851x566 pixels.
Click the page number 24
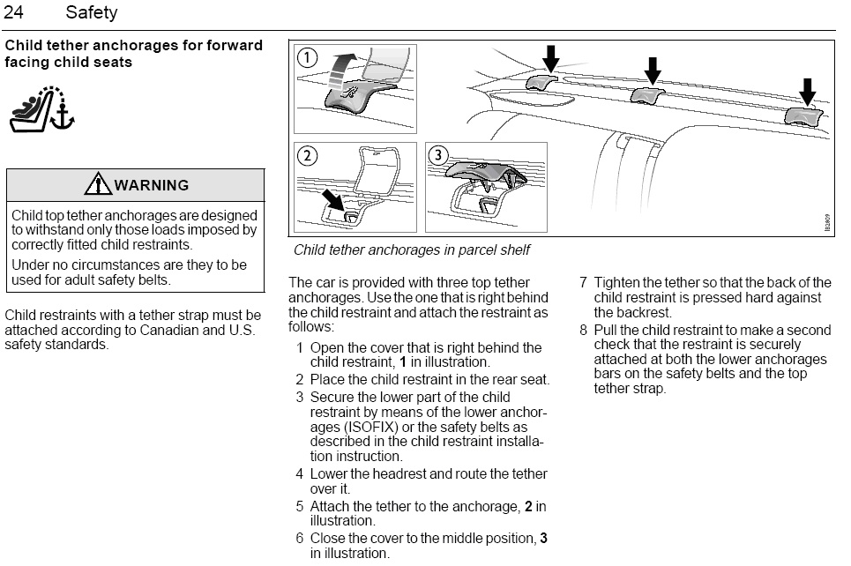[x=13, y=12]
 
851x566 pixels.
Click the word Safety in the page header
[x=91, y=12]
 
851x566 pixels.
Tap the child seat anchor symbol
[x=41, y=109]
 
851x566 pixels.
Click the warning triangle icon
[x=98, y=183]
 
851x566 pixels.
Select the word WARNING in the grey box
[x=152, y=185]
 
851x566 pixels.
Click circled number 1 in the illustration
[x=307, y=57]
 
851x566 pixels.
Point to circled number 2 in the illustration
[x=307, y=156]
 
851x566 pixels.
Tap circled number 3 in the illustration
[x=438, y=156]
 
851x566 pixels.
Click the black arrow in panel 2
[x=333, y=199]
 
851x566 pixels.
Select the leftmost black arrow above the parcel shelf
[x=551, y=58]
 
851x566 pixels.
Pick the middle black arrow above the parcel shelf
[x=653, y=71]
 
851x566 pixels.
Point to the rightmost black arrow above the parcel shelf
[x=808, y=92]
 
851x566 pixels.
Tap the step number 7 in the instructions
[x=584, y=283]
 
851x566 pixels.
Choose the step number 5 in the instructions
[x=300, y=507]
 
